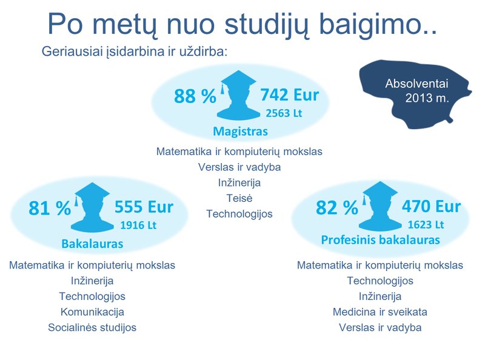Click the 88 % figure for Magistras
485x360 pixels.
tap(195, 96)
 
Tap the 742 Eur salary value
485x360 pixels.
tap(290, 95)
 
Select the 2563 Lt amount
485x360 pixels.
tap(284, 113)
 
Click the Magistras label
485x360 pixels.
tap(240, 132)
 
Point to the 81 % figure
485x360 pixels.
tap(50, 208)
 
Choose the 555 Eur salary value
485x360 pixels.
tap(144, 207)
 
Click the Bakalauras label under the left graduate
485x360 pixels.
tap(92, 244)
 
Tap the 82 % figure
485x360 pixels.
tap(337, 207)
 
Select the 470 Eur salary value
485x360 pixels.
tap(431, 206)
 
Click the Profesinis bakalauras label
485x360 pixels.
tap(381, 240)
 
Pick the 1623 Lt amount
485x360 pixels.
tap(426, 225)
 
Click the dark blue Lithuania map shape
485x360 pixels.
tap(415, 93)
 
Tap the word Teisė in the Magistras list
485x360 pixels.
tap(239, 198)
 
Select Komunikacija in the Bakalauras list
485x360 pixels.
tap(92, 312)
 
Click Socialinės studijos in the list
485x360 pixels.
tap(92, 327)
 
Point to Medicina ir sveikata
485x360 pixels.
tap(380, 312)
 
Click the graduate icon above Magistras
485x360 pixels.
tap(238, 95)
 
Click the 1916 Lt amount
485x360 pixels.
tap(138, 225)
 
